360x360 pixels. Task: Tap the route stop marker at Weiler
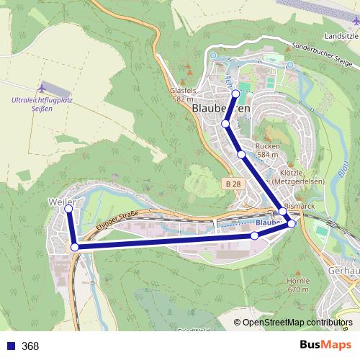pyautogui.click(x=69, y=209)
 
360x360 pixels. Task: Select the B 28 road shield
pyautogui.click(x=232, y=185)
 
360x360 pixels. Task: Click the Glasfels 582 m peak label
pyautogui.click(x=182, y=95)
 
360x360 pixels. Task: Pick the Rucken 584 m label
pyautogui.click(x=267, y=150)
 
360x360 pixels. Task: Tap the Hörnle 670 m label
pyautogui.click(x=297, y=284)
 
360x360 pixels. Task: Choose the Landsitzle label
pyautogui.click(x=341, y=35)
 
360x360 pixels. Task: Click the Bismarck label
pyautogui.click(x=300, y=205)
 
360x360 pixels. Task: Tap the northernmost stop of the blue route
pyautogui.click(x=235, y=94)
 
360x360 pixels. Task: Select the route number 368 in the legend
pyautogui.click(x=30, y=346)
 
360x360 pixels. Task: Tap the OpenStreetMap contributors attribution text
pyautogui.click(x=297, y=323)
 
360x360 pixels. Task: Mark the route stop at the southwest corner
pyautogui.click(x=75, y=247)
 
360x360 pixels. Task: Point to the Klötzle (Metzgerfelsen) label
pyautogui.click(x=297, y=178)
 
